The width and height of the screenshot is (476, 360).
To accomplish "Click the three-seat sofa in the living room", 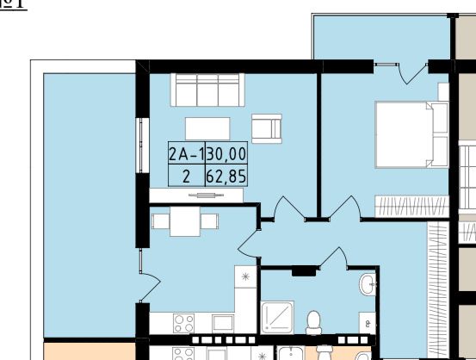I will (207, 90).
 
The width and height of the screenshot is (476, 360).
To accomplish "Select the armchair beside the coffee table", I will (267, 127).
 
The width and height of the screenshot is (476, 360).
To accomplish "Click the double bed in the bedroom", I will (410, 133).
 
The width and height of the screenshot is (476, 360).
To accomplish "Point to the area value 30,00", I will (226, 155).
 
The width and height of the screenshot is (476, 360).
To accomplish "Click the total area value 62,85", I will (226, 177).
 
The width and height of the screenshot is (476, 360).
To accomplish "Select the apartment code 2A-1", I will (186, 155).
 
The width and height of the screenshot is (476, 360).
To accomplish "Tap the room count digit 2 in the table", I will (185, 177).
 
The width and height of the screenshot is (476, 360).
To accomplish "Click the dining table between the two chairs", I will (185, 223).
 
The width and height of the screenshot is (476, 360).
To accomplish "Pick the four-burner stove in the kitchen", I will (183, 323).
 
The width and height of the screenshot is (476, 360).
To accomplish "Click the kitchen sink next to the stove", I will (222, 323).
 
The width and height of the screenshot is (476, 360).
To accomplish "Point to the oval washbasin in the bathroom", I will (368, 283).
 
